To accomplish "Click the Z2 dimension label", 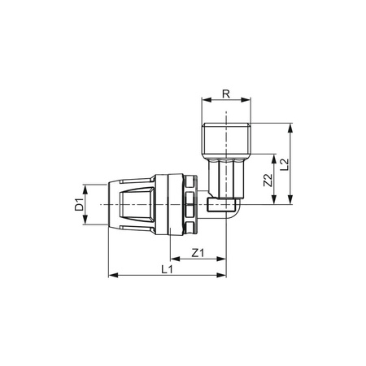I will pos(268,181).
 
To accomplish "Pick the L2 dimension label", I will pos(284,165).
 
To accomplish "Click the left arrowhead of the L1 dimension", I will pos(111,276).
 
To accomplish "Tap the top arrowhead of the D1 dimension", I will pos(89,185).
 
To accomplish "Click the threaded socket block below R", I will pos(225,142).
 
